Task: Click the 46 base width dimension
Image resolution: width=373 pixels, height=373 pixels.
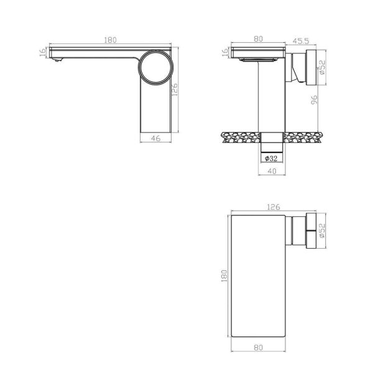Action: (x=155, y=138)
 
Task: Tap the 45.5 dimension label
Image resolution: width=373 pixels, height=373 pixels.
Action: (x=301, y=41)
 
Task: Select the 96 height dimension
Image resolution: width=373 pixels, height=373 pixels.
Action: (x=314, y=99)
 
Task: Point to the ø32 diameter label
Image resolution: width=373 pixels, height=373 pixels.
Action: (x=271, y=158)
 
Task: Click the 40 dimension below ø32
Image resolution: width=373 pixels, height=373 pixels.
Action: (x=272, y=171)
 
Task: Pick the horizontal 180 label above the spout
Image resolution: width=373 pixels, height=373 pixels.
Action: (x=111, y=40)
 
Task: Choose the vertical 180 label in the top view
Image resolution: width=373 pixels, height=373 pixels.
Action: (x=224, y=275)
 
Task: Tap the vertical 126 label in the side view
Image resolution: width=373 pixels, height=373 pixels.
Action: (x=174, y=90)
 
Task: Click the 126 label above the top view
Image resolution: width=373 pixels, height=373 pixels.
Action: (x=274, y=207)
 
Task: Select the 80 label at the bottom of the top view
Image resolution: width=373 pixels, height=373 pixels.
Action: (x=259, y=348)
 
